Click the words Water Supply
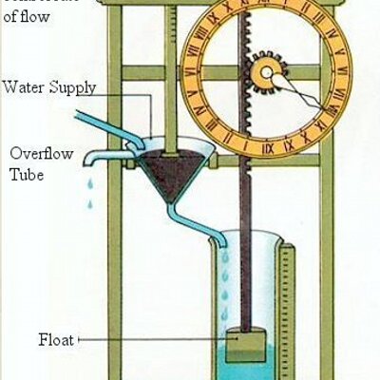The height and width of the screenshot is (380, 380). point(49,87)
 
